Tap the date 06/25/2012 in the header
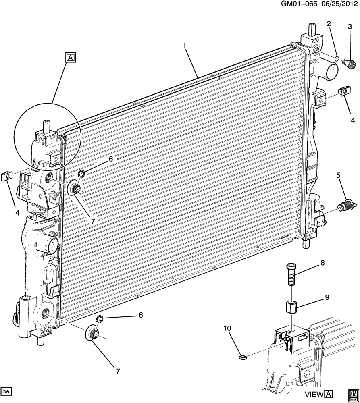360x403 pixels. (x=338, y=4)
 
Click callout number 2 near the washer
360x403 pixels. (x=329, y=24)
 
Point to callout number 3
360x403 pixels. (x=350, y=26)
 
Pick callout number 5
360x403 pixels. (x=338, y=176)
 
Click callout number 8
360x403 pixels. (x=323, y=263)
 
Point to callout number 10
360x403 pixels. (x=227, y=328)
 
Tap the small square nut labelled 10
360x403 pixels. (x=242, y=357)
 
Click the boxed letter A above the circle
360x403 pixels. (x=71, y=58)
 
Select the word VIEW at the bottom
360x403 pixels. (x=314, y=394)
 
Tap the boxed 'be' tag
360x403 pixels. (x=6, y=391)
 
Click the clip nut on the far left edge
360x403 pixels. (x=7, y=177)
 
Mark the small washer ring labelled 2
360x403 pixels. (x=337, y=60)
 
